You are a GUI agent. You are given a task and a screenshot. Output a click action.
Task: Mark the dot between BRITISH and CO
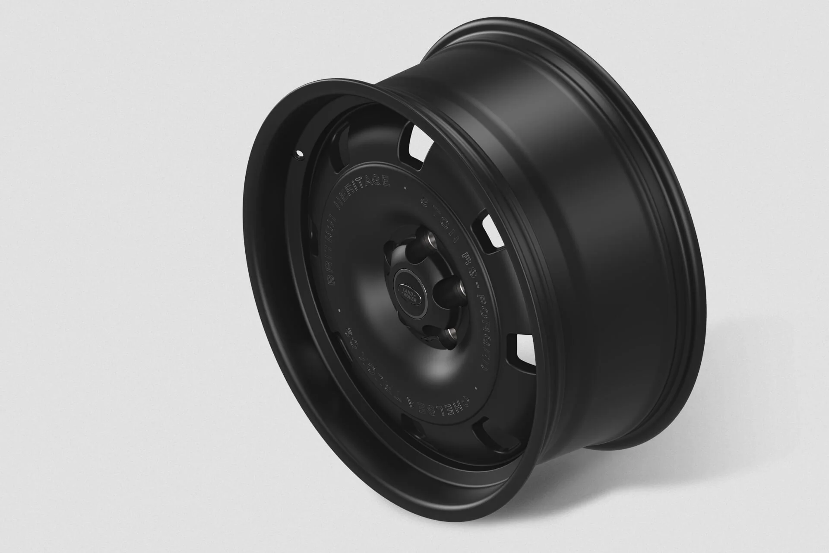click(x=339, y=309)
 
